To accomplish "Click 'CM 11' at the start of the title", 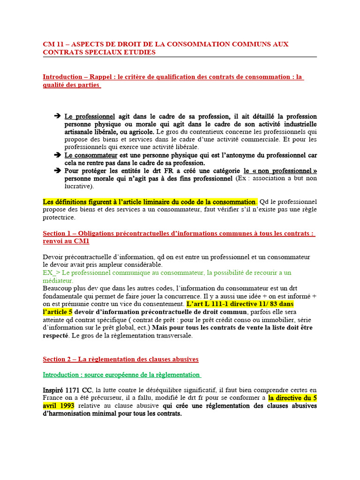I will click(52, 44).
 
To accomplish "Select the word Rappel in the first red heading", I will click(100, 77).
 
